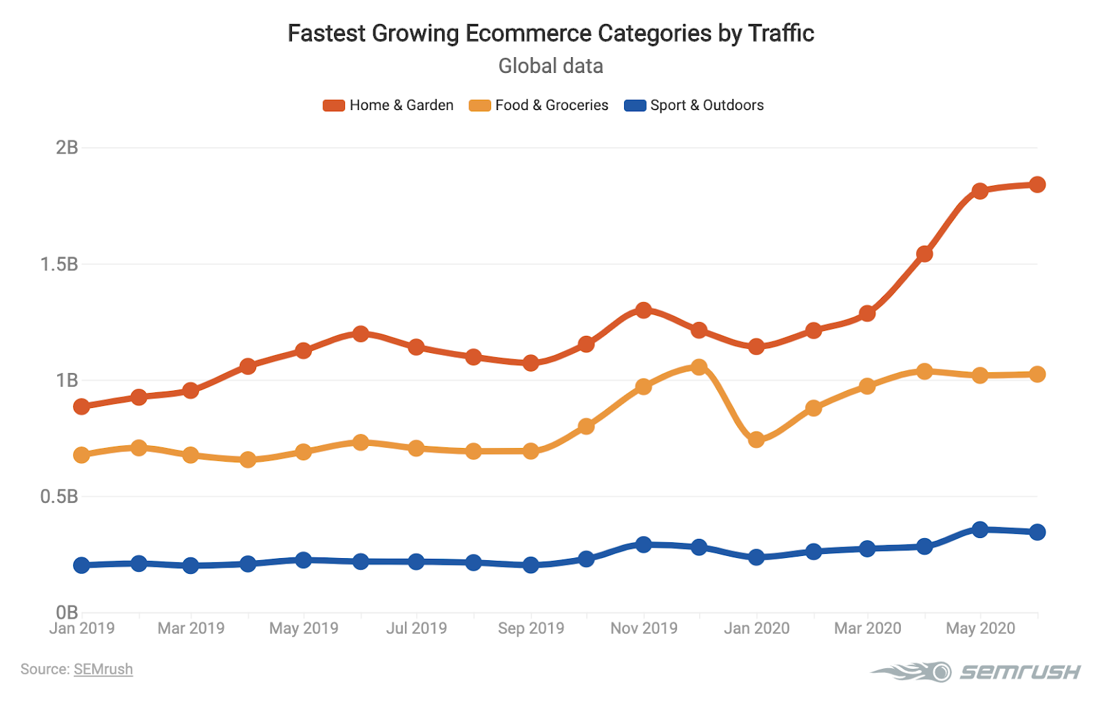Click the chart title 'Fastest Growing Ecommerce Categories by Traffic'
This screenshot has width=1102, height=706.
pos(550,33)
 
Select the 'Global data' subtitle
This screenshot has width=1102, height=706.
pos(550,66)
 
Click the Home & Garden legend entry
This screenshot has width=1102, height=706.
pos(388,105)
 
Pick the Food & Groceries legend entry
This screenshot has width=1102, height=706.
pos(539,105)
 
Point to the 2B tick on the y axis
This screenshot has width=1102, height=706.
pos(67,147)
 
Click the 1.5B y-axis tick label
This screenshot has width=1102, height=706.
pos(59,264)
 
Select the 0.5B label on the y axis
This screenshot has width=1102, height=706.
pos(59,496)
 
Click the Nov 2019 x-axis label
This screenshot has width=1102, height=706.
pos(643,628)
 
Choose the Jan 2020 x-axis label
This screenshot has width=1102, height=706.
pos(756,628)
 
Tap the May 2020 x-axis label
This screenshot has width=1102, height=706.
pos(980,628)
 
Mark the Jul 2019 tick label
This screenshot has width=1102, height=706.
pos(416,628)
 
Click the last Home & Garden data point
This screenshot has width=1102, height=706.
pos(1037,184)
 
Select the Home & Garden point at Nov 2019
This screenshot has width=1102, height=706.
pos(643,310)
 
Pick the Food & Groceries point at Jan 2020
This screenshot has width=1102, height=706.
pos(756,440)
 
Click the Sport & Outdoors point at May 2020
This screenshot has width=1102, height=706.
pos(980,529)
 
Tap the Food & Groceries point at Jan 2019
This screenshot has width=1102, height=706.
pos(81,455)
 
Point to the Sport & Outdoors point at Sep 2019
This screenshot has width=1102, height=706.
pos(530,565)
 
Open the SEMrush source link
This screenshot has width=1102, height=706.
pos(103,670)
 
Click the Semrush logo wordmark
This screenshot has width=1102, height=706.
pos(1020,672)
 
